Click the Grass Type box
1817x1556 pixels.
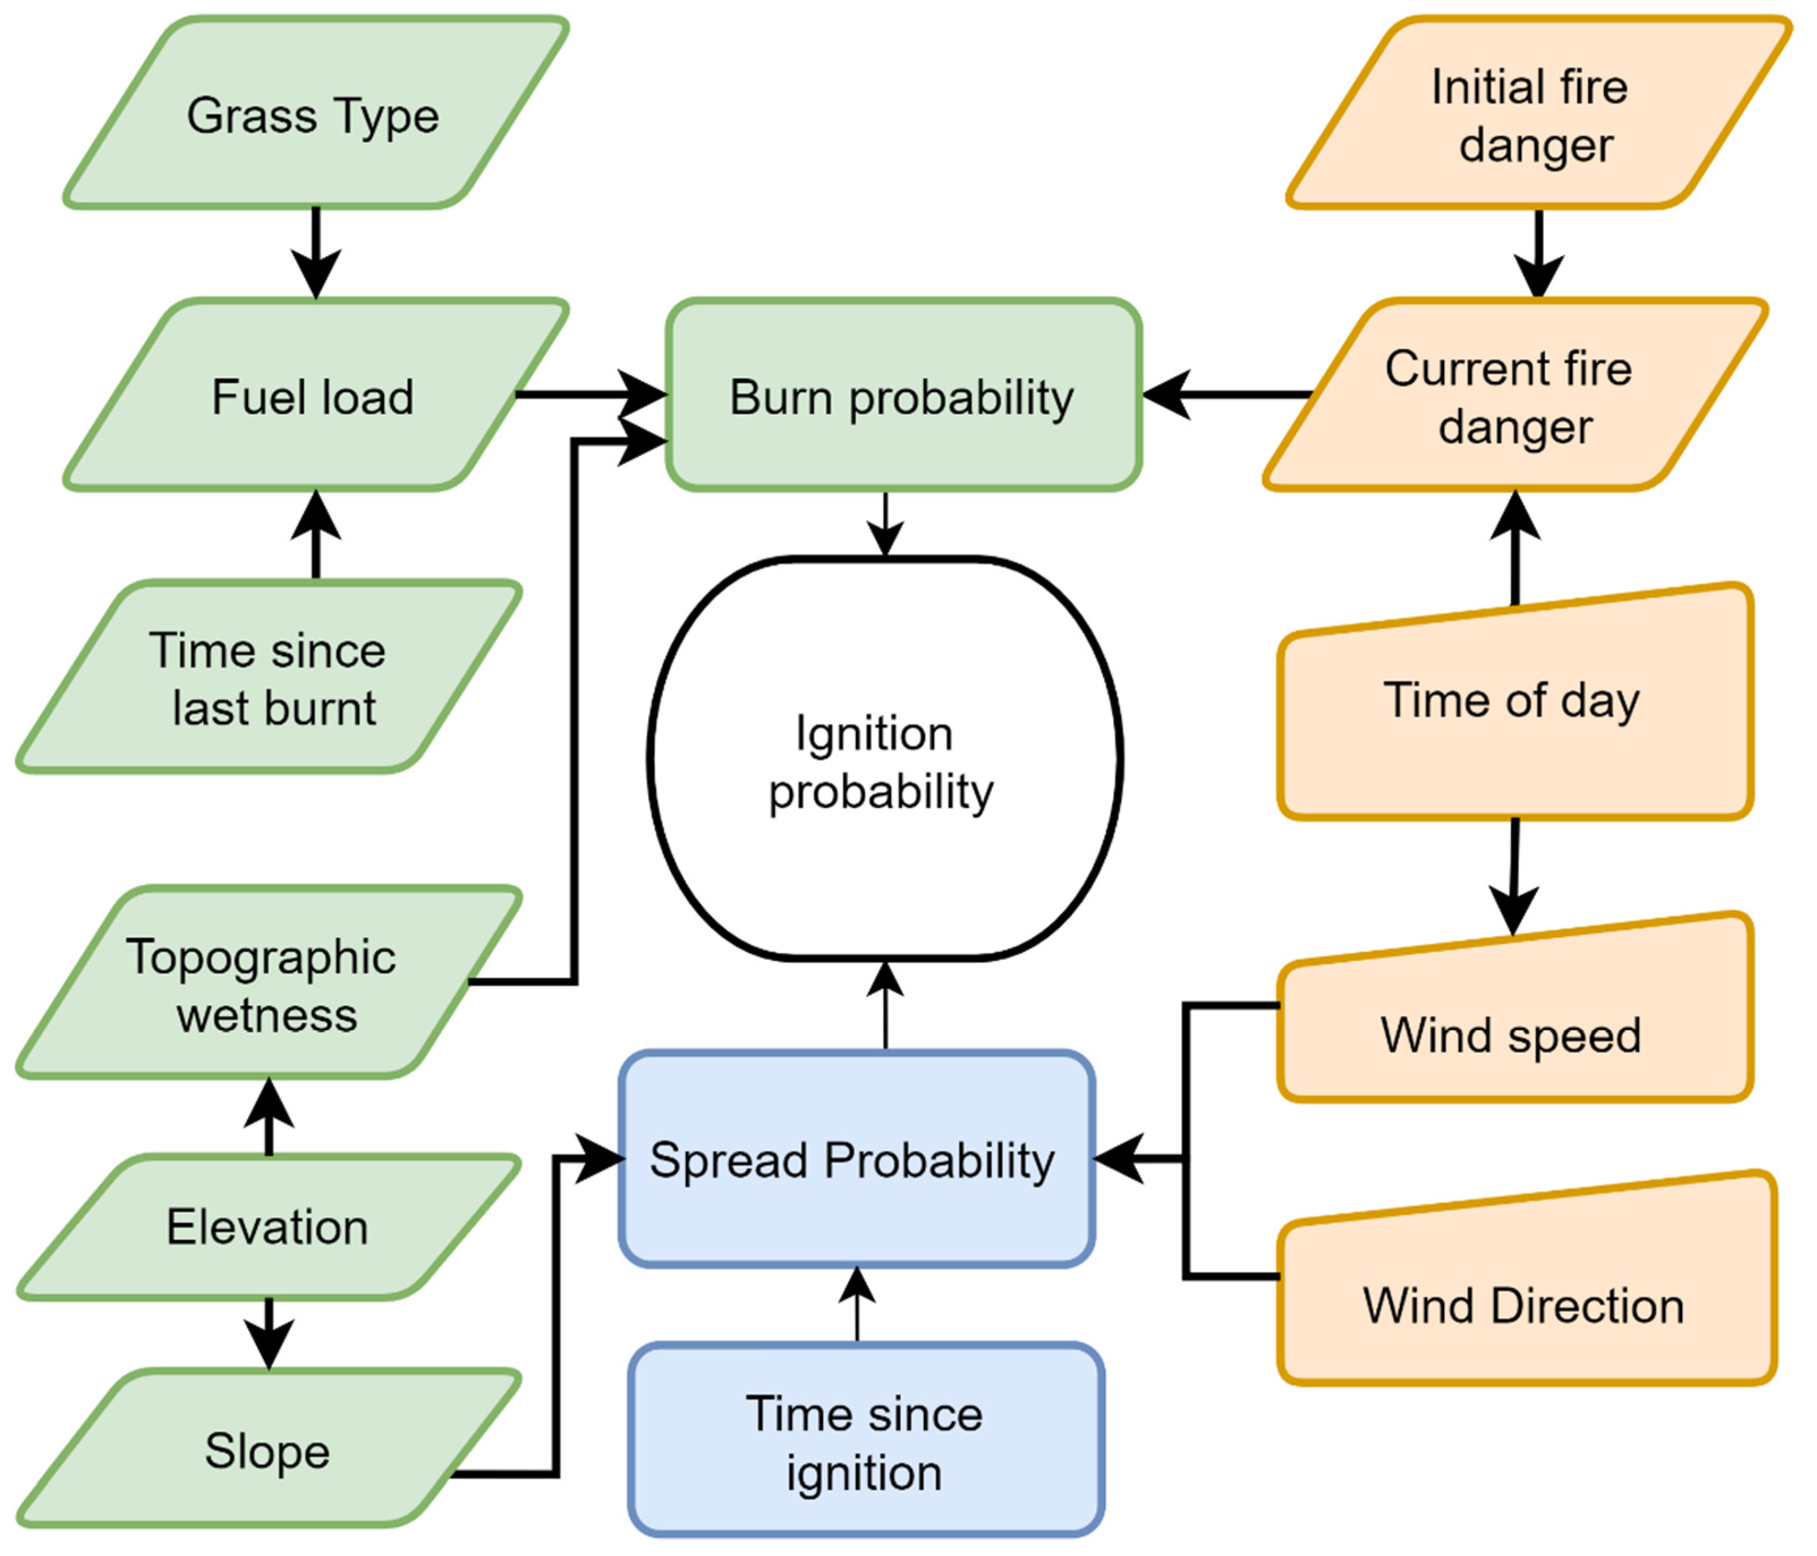coord(314,114)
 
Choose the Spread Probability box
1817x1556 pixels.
coord(855,1160)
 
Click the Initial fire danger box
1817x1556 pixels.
coord(1535,114)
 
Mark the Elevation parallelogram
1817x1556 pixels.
coord(268,1226)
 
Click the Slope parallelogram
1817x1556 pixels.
coord(268,1452)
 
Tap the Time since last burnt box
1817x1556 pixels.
coord(268,677)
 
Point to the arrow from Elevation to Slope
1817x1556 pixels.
coord(268,1332)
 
